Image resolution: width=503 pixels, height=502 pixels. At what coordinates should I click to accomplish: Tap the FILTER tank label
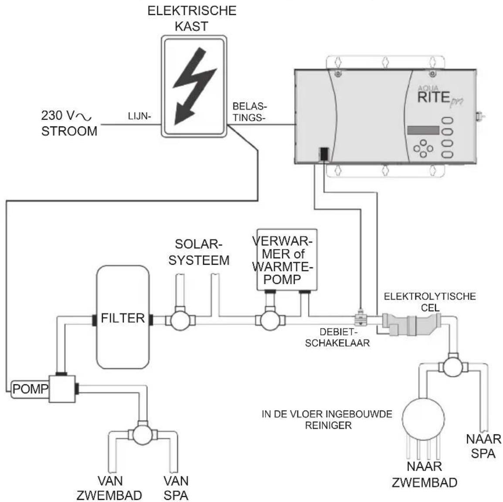click(123, 318)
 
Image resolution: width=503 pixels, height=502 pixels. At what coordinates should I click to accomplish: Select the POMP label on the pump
click(31, 389)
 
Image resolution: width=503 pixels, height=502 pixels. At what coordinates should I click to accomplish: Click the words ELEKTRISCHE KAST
click(192, 18)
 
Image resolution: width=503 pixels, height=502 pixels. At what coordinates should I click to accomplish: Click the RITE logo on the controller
click(433, 97)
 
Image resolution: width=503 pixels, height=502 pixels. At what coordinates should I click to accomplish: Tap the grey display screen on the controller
click(423, 130)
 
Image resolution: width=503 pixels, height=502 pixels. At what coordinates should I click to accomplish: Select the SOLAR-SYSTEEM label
click(199, 252)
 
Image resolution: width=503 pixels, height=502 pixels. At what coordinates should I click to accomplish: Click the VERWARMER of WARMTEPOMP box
click(287, 260)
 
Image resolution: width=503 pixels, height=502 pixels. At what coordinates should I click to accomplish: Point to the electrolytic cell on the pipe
click(411, 324)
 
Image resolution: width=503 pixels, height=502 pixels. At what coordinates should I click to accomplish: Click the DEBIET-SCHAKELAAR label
click(337, 337)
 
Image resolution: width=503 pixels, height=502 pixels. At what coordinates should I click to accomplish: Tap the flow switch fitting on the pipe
click(361, 318)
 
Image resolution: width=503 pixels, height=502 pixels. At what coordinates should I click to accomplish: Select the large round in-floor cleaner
click(423, 419)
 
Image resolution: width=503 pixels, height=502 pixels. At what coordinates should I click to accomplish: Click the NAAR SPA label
click(483, 446)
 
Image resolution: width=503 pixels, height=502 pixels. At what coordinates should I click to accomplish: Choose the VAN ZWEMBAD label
click(110, 488)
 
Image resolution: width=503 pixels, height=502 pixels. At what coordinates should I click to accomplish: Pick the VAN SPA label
click(176, 488)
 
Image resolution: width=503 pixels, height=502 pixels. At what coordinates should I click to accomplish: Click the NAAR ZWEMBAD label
click(425, 475)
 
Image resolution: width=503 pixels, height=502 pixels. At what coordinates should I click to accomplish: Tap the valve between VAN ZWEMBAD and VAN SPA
click(143, 434)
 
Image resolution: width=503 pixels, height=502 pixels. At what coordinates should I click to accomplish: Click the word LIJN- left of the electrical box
click(139, 116)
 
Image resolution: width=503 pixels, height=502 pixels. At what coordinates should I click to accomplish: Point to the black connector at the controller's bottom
click(324, 154)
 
